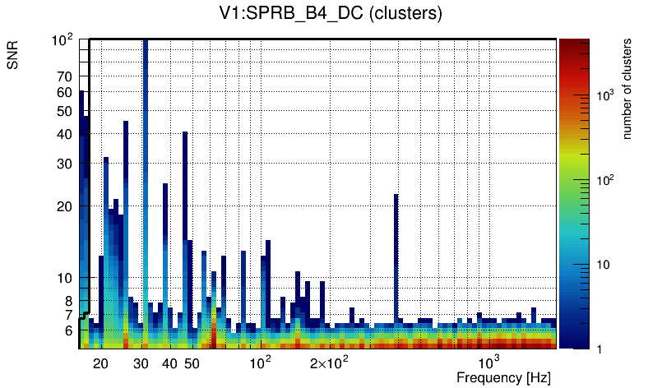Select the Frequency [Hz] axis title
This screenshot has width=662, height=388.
(502, 377)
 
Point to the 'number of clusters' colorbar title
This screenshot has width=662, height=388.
(627, 92)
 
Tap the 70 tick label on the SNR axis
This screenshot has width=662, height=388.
(65, 76)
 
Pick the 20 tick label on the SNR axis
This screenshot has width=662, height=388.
(65, 206)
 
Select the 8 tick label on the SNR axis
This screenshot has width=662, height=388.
(69, 301)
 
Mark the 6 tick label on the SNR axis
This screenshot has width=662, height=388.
(69, 330)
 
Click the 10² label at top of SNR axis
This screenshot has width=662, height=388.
(63, 40)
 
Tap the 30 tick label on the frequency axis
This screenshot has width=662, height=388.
(141, 363)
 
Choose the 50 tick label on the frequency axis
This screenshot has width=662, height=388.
(192, 363)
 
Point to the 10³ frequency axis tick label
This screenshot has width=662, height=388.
(489, 363)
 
